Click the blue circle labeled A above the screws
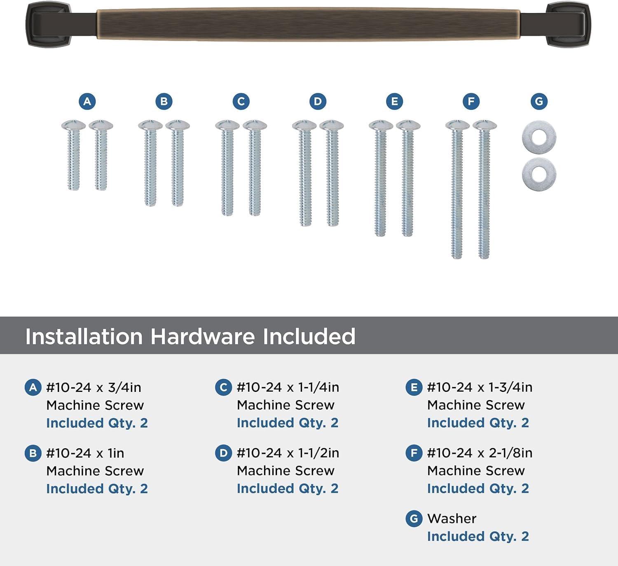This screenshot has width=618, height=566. tap(87, 101)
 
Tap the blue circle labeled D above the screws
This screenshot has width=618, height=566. tap(318, 101)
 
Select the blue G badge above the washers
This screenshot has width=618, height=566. tap(539, 101)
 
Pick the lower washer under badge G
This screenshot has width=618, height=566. tap(539, 174)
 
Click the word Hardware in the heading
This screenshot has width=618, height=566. tap(203, 336)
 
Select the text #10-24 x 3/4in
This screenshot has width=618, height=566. tap(94, 387)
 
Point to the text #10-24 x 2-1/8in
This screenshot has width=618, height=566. tap(480, 453)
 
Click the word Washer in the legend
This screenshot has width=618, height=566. tap(452, 518)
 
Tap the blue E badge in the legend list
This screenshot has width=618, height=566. tap(414, 387)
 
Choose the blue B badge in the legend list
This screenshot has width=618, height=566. tap(33, 453)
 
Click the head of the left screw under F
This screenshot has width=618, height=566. tap(457, 124)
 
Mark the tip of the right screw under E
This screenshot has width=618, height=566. tap(407, 233)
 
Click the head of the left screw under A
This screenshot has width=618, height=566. tap(73, 125)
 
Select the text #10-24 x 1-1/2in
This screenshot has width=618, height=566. tap(288, 453)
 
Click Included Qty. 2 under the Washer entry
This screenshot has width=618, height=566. tap(478, 536)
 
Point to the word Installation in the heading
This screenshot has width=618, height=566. tap(84, 336)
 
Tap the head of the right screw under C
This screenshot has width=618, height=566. tap(255, 125)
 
